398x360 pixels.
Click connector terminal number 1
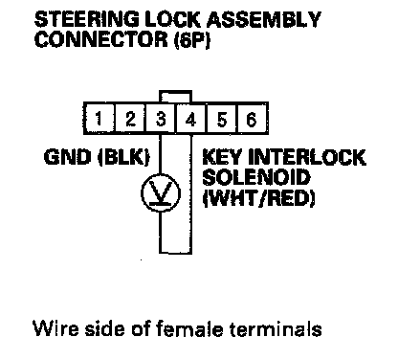click(x=99, y=119)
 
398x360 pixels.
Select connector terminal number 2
click(x=130, y=119)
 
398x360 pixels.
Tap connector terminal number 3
click(x=161, y=119)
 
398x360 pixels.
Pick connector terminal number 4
click(x=191, y=119)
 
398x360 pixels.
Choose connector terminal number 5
click(x=222, y=119)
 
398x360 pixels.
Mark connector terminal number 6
click(x=252, y=119)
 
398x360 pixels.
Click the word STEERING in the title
click(x=87, y=20)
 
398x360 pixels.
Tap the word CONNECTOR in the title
click(x=101, y=39)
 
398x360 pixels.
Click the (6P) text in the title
click(x=192, y=40)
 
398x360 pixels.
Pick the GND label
click(x=67, y=157)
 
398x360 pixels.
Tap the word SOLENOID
click(x=256, y=177)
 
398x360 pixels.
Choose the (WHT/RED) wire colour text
click(x=258, y=198)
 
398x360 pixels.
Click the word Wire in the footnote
click(x=55, y=328)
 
